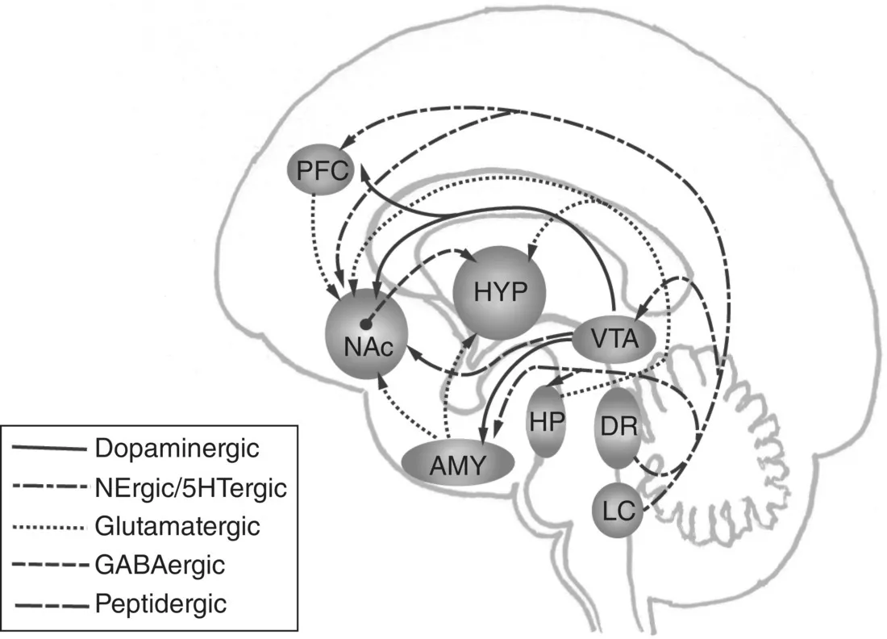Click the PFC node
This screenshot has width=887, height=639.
pyautogui.click(x=320, y=170)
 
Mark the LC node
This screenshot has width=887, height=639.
pyautogui.click(x=618, y=510)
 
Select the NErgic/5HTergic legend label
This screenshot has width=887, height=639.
pyautogui.click(x=190, y=487)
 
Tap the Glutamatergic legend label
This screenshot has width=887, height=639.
pyautogui.click(x=177, y=527)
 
